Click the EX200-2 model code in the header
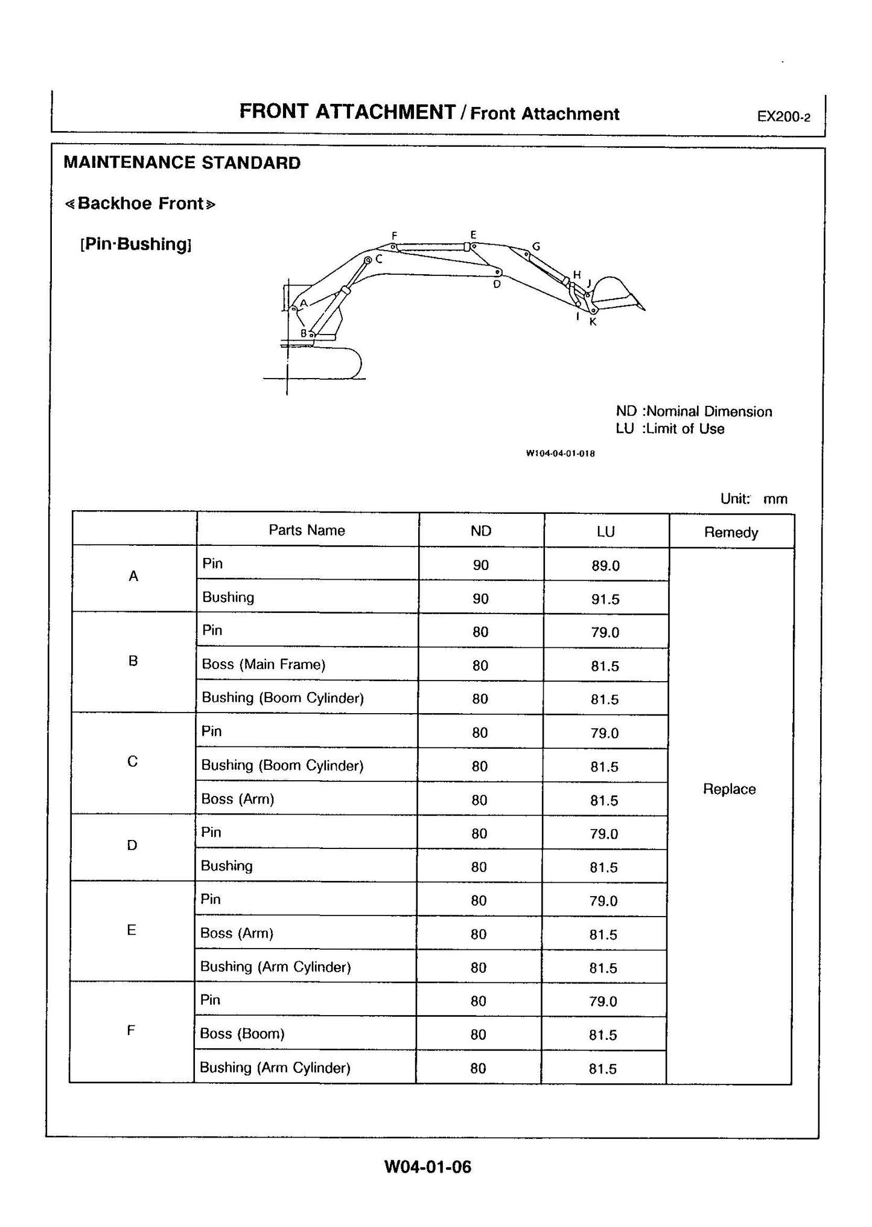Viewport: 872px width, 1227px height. [783, 117]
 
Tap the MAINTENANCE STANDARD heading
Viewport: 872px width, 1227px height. [182, 163]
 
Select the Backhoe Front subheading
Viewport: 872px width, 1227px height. [140, 203]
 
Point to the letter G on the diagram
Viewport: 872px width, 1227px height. [535, 246]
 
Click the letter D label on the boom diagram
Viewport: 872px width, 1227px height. [497, 284]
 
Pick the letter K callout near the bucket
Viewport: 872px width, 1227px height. [593, 322]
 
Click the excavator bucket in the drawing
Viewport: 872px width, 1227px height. [616, 293]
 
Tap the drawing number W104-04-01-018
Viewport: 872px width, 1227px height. [560, 453]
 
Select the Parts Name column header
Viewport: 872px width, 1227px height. [307, 530]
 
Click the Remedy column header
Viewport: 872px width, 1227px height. [731, 532]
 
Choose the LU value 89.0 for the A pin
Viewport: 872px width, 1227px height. [605, 566]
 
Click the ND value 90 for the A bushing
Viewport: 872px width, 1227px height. [481, 598]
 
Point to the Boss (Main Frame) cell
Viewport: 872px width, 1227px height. [264, 664]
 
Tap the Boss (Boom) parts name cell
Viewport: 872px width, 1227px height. [242, 1033]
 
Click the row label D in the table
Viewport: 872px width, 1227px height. [132, 845]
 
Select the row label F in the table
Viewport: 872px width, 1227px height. [131, 1030]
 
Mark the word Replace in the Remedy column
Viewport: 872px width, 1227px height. [729, 789]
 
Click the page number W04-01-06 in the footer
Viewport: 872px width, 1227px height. [427, 1166]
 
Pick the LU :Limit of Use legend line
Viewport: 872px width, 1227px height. [670, 429]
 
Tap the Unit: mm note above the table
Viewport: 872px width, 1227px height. [753, 499]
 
